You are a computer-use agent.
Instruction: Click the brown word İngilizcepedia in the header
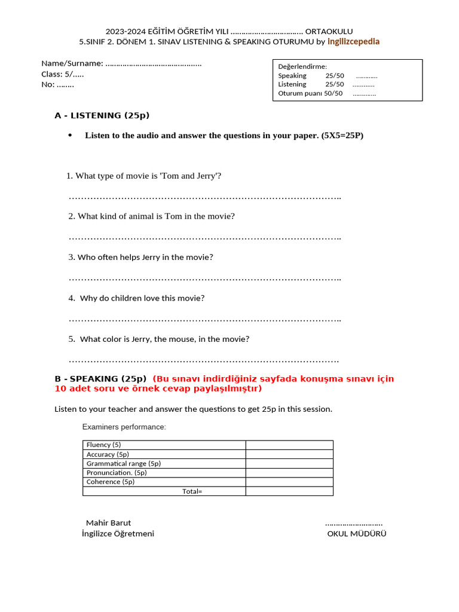pos(353,41)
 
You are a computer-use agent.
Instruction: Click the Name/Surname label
pos(72,63)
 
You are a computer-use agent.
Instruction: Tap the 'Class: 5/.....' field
pos(62,74)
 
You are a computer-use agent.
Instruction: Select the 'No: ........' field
pos(57,84)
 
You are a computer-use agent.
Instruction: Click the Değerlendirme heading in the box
pos(302,66)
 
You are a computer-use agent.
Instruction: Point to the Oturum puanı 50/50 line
pos(310,93)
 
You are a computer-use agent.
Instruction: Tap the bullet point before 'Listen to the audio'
pos(70,135)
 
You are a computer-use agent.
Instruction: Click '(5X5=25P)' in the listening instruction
pos(342,136)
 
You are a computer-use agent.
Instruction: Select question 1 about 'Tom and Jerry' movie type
pos(144,176)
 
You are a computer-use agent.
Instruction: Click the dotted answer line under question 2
pos(204,238)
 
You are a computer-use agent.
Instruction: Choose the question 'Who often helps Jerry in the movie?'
pos(141,257)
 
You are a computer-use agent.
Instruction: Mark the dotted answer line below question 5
pos(203,360)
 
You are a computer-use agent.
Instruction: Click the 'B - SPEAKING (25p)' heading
pos(100,378)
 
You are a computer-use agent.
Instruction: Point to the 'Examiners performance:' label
pos(124,427)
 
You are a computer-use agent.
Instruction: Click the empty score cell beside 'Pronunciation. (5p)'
pos(289,472)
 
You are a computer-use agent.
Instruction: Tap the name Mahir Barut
pos(108,522)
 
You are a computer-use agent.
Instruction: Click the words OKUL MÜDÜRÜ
pos(356,533)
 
